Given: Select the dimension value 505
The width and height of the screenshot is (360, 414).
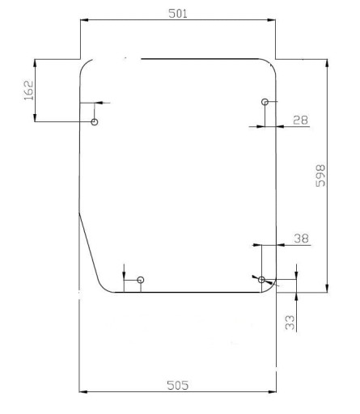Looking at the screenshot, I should pos(178,385).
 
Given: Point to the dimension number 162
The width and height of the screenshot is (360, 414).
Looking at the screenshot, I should pos(28,90).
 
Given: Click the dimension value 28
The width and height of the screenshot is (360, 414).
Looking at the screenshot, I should pos(300,120).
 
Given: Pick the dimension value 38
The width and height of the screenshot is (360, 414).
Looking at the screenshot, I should pos(301,238).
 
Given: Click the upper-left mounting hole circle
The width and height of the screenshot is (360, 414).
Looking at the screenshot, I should pos(95,122).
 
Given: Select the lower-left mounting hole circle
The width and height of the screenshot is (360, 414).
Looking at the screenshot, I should pos(141,280).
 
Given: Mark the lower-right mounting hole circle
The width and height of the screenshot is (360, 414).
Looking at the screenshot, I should pos(261,279).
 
